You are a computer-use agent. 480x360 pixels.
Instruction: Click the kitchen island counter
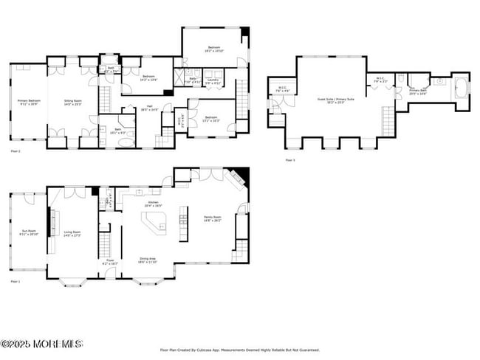154,224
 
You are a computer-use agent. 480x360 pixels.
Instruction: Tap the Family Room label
213,218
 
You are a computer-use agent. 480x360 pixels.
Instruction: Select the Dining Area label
147,260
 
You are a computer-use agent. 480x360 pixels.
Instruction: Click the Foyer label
109,261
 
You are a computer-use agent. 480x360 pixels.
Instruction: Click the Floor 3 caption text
289,159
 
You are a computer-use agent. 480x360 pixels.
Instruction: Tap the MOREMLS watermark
42,344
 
